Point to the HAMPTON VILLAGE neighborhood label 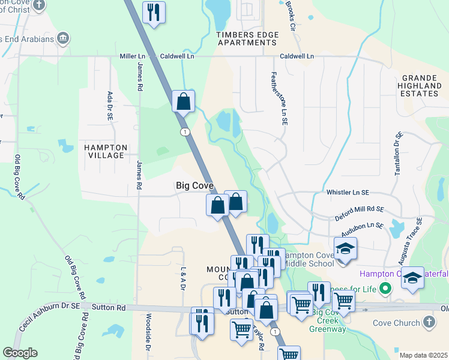click(x=106, y=151)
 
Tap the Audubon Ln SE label click(x=362, y=226)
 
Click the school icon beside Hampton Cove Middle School click(x=346, y=249)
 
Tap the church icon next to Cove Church click(x=429, y=323)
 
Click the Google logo click(x=20, y=352)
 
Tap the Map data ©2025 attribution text click(x=423, y=355)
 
